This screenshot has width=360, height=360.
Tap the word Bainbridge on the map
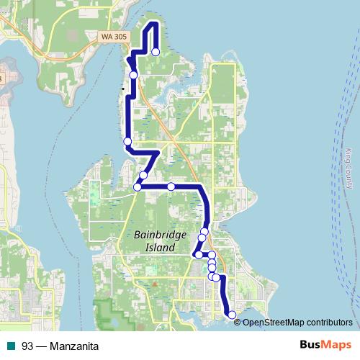[x=161, y=235]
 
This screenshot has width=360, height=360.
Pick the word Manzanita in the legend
[x=74, y=346]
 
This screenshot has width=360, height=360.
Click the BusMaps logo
[x=323, y=346]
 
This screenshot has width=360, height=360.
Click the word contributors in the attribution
[x=327, y=322]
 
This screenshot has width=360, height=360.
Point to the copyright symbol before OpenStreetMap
[x=238, y=322]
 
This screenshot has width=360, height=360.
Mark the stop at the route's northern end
[x=156, y=52]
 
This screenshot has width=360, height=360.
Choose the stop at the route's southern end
[x=231, y=315]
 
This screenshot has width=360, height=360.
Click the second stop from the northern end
[x=133, y=75]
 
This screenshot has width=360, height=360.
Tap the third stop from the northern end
[x=127, y=141]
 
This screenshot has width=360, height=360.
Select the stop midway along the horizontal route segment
[x=171, y=186]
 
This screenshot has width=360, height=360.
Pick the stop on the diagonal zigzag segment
[x=143, y=175]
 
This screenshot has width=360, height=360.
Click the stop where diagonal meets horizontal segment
[x=138, y=187]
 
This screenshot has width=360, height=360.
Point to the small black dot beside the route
[x=123, y=89]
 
